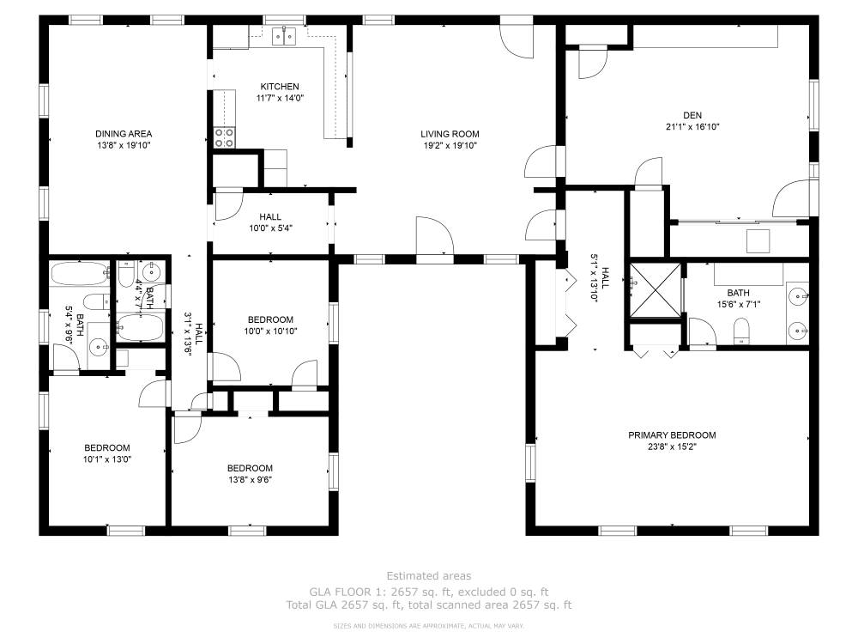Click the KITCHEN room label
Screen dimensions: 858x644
(x=280, y=87)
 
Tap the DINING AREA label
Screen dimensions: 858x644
(x=124, y=134)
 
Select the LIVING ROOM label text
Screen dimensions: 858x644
(x=450, y=134)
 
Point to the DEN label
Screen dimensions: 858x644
(x=692, y=115)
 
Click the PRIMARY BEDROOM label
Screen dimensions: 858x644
(x=672, y=435)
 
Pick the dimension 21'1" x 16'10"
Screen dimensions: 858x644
(x=692, y=126)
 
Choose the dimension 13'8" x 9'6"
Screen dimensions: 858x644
(x=250, y=480)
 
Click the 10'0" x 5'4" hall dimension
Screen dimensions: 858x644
(x=271, y=228)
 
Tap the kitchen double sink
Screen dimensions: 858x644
(x=285, y=35)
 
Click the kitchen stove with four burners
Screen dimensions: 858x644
(x=224, y=137)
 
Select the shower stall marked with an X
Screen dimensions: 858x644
(x=656, y=289)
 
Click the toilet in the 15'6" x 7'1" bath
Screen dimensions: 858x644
(x=741, y=331)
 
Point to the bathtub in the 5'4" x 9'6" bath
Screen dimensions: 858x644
(x=80, y=274)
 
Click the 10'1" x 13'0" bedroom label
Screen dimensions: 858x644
(x=107, y=448)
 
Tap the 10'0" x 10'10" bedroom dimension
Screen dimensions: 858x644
(x=271, y=331)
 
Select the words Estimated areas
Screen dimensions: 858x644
(x=429, y=576)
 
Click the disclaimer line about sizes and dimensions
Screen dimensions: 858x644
(x=429, y=626)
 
